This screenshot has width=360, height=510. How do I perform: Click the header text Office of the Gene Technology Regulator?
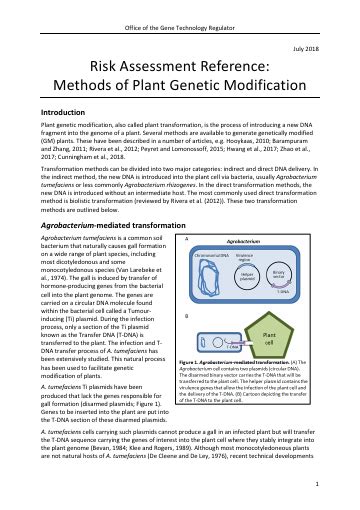tap(180, 10)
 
